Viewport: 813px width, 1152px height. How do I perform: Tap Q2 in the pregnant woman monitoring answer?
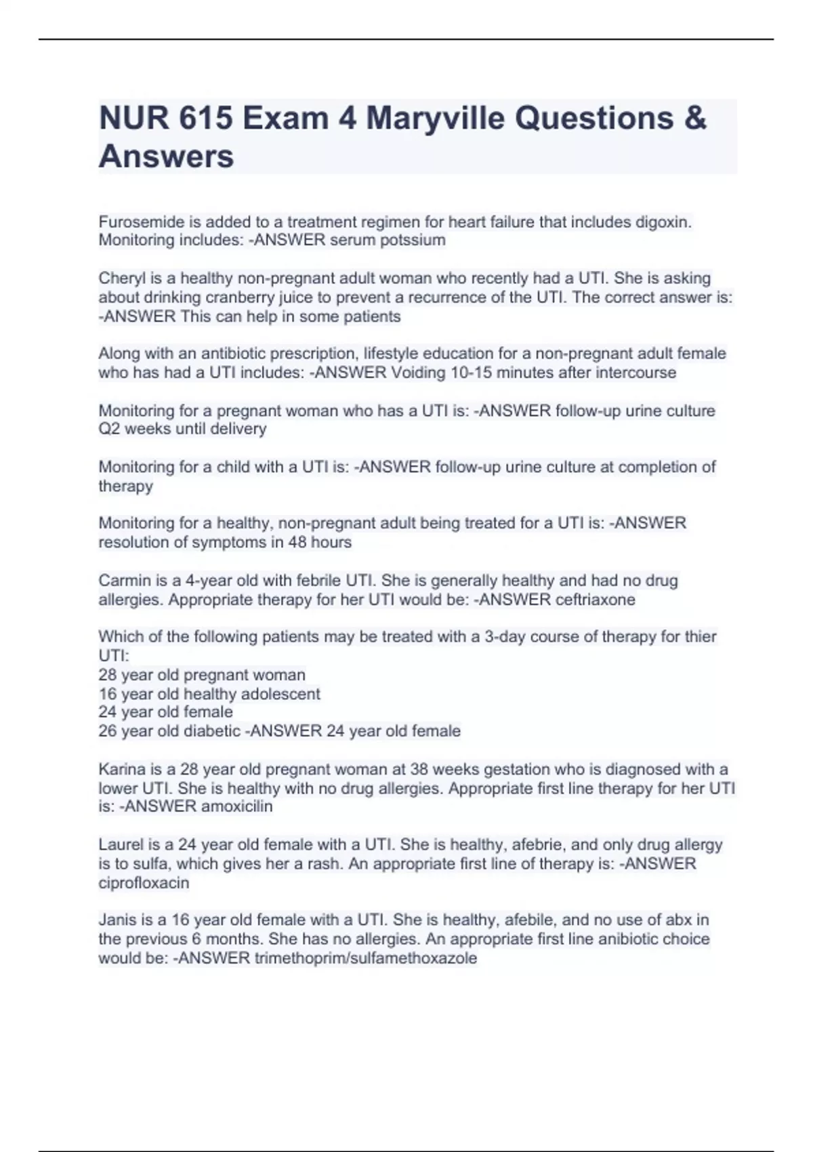(x=108, y=429)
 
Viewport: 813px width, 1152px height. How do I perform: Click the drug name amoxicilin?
(x=236, y=806)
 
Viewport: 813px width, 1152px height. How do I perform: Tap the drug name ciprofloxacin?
(x=144, y=883)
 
